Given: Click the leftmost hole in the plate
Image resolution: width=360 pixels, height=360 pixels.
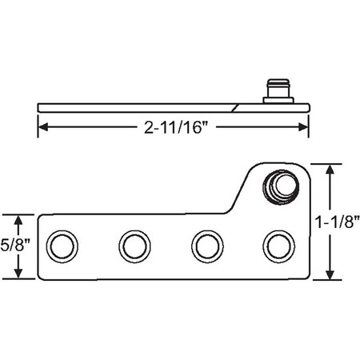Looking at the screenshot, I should (x=61, y=246).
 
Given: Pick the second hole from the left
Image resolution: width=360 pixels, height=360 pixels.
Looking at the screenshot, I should (x=133, y=246).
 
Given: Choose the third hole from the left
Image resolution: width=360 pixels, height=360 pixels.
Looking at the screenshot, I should (x=206, y=246).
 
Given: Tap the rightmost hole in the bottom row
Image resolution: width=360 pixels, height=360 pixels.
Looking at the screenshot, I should (x=278, y=246).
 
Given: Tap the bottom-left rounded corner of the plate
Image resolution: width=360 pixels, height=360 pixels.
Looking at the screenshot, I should (x=42, y=275).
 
